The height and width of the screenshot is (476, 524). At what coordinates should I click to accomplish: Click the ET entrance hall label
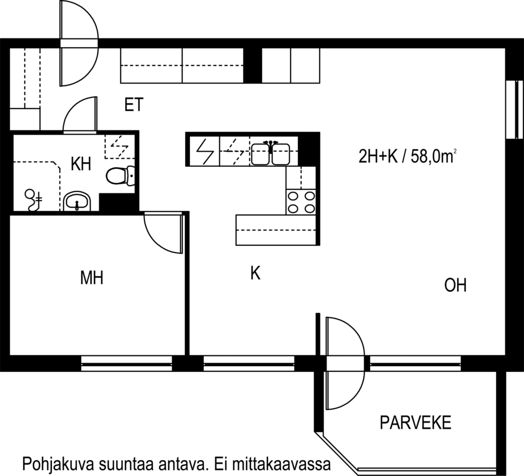click(x=134, y=105)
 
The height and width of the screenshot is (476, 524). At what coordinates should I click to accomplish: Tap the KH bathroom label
click(x=81, y=164)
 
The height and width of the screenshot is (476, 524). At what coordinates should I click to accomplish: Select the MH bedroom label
click(x=92, y=278)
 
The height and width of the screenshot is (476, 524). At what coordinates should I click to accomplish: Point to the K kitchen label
click(x=255, y=273)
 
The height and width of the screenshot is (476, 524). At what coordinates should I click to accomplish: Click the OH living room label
click(x=455, y=285)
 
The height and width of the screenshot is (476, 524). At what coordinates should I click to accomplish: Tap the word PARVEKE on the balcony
click(x=416, y=422)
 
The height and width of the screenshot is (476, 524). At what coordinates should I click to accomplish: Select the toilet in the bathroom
click(x=121, y=176)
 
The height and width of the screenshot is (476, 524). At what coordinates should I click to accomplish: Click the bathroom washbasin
click(x=77, y=201)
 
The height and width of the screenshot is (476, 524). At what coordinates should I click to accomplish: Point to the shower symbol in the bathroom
click(x=33, y=200)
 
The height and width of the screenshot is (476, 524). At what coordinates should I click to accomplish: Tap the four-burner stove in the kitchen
click(x=301, y=202)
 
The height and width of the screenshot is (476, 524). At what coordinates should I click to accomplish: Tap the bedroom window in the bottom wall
click(x=126, y=363)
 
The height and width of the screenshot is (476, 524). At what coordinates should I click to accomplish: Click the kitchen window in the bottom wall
click(x=249, y=363)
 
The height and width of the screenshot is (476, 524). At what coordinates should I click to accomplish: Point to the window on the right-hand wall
click(x=514, y=110)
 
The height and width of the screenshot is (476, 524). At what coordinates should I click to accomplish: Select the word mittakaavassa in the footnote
click(x=281, y=464)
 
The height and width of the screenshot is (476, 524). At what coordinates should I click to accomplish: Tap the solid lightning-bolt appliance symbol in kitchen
click(x=205, y=152)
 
